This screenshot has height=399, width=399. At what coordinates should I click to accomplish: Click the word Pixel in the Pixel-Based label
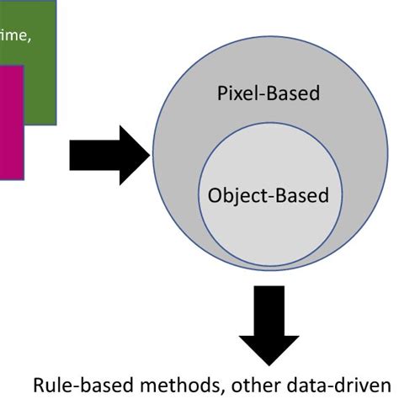(x=234, y=93)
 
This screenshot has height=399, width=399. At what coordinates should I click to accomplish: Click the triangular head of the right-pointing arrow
(x=133, y=154)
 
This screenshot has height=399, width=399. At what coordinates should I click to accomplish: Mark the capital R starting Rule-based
(x=39, y=385)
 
